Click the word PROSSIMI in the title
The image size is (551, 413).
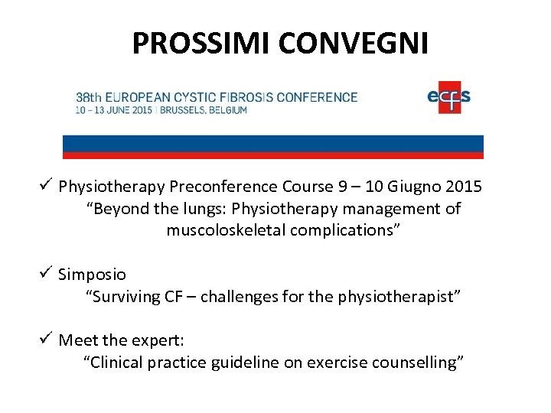(202, 44)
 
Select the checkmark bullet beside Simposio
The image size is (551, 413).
(46, 273)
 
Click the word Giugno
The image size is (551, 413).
(415, 187)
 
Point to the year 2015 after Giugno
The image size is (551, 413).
(463, 187)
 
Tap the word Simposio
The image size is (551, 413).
(93, 275)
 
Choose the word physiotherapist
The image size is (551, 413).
(397, 296)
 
